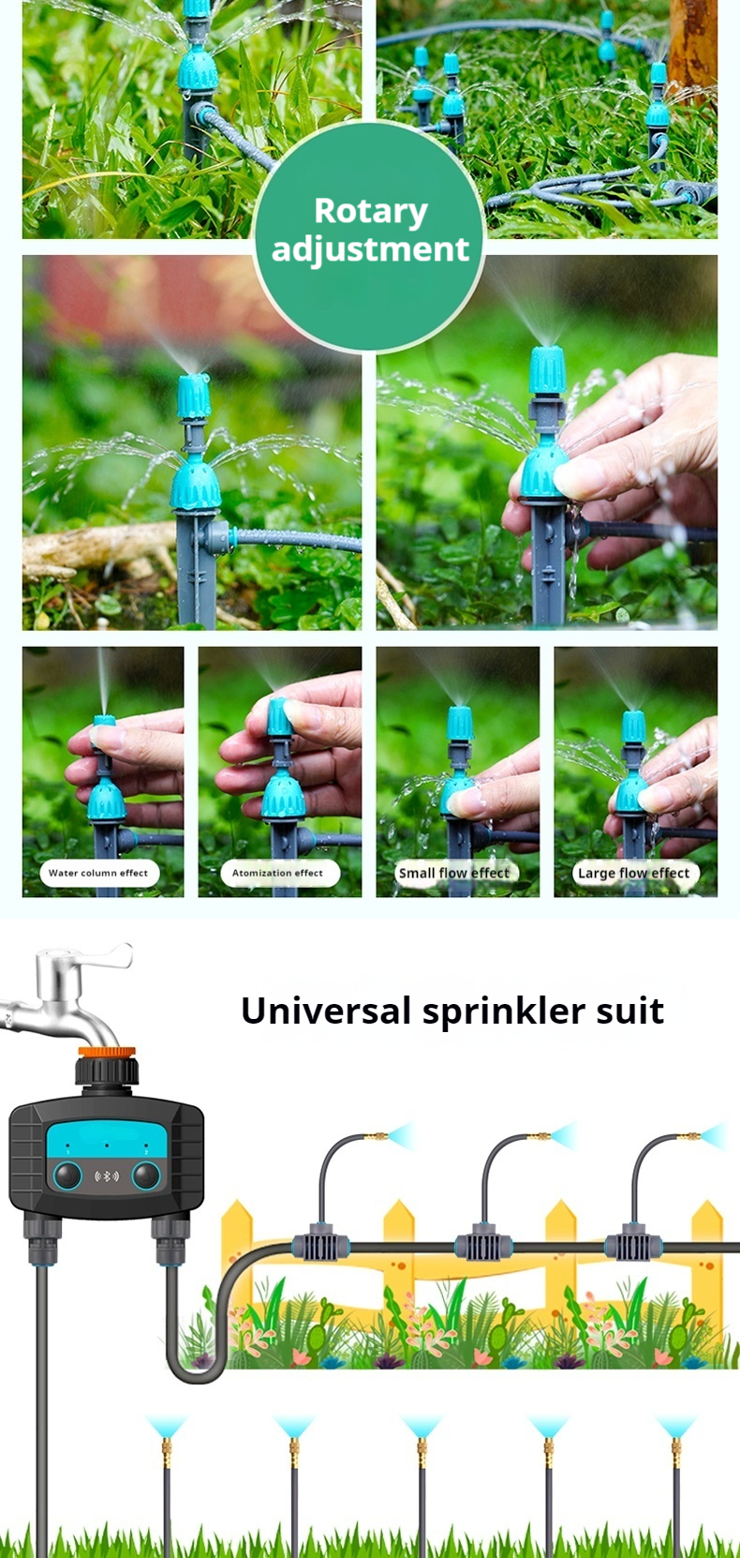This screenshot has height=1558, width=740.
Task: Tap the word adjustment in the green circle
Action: click(x=370, y=249)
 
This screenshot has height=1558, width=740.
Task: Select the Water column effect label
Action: click(x=98, y=873)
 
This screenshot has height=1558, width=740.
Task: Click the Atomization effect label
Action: click(x=278, y=873)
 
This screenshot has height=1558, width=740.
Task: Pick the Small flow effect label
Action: click(x=454, y=873)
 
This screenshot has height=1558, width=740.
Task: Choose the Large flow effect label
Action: click(x=634, y=873)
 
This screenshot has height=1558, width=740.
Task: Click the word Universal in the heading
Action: click(x=326, y=1011)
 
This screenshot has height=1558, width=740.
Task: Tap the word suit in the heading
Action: click(x=631, y=1011)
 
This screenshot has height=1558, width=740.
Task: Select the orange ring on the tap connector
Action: click(x=106, y=1053)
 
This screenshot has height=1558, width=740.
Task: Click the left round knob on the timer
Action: click(x=67, y=1176)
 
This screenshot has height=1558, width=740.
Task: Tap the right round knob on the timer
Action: click(x=146, y=1176)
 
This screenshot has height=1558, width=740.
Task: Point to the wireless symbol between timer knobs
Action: click(x=106, y=1176)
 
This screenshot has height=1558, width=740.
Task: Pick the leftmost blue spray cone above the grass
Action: click(x=166, y=1427)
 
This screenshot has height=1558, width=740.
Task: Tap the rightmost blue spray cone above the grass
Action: click(x=675, y=1427)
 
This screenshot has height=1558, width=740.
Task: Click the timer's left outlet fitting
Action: click(x=42, y=1239)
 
